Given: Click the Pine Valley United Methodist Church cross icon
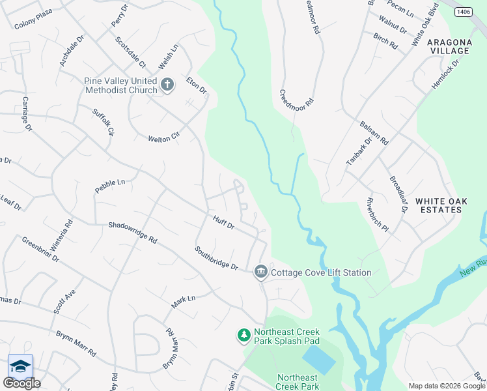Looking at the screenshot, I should point(167,84).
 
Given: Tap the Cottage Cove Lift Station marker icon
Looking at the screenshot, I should point(261,271).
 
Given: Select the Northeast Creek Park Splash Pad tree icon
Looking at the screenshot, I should point(244,335).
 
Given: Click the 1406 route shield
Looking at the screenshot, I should point(463,12).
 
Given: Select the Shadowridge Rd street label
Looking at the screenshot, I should point(133,231).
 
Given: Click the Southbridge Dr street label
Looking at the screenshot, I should point(216,259).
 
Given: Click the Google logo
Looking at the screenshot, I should point(21,383).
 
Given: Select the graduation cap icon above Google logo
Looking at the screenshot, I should point(20,366).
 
